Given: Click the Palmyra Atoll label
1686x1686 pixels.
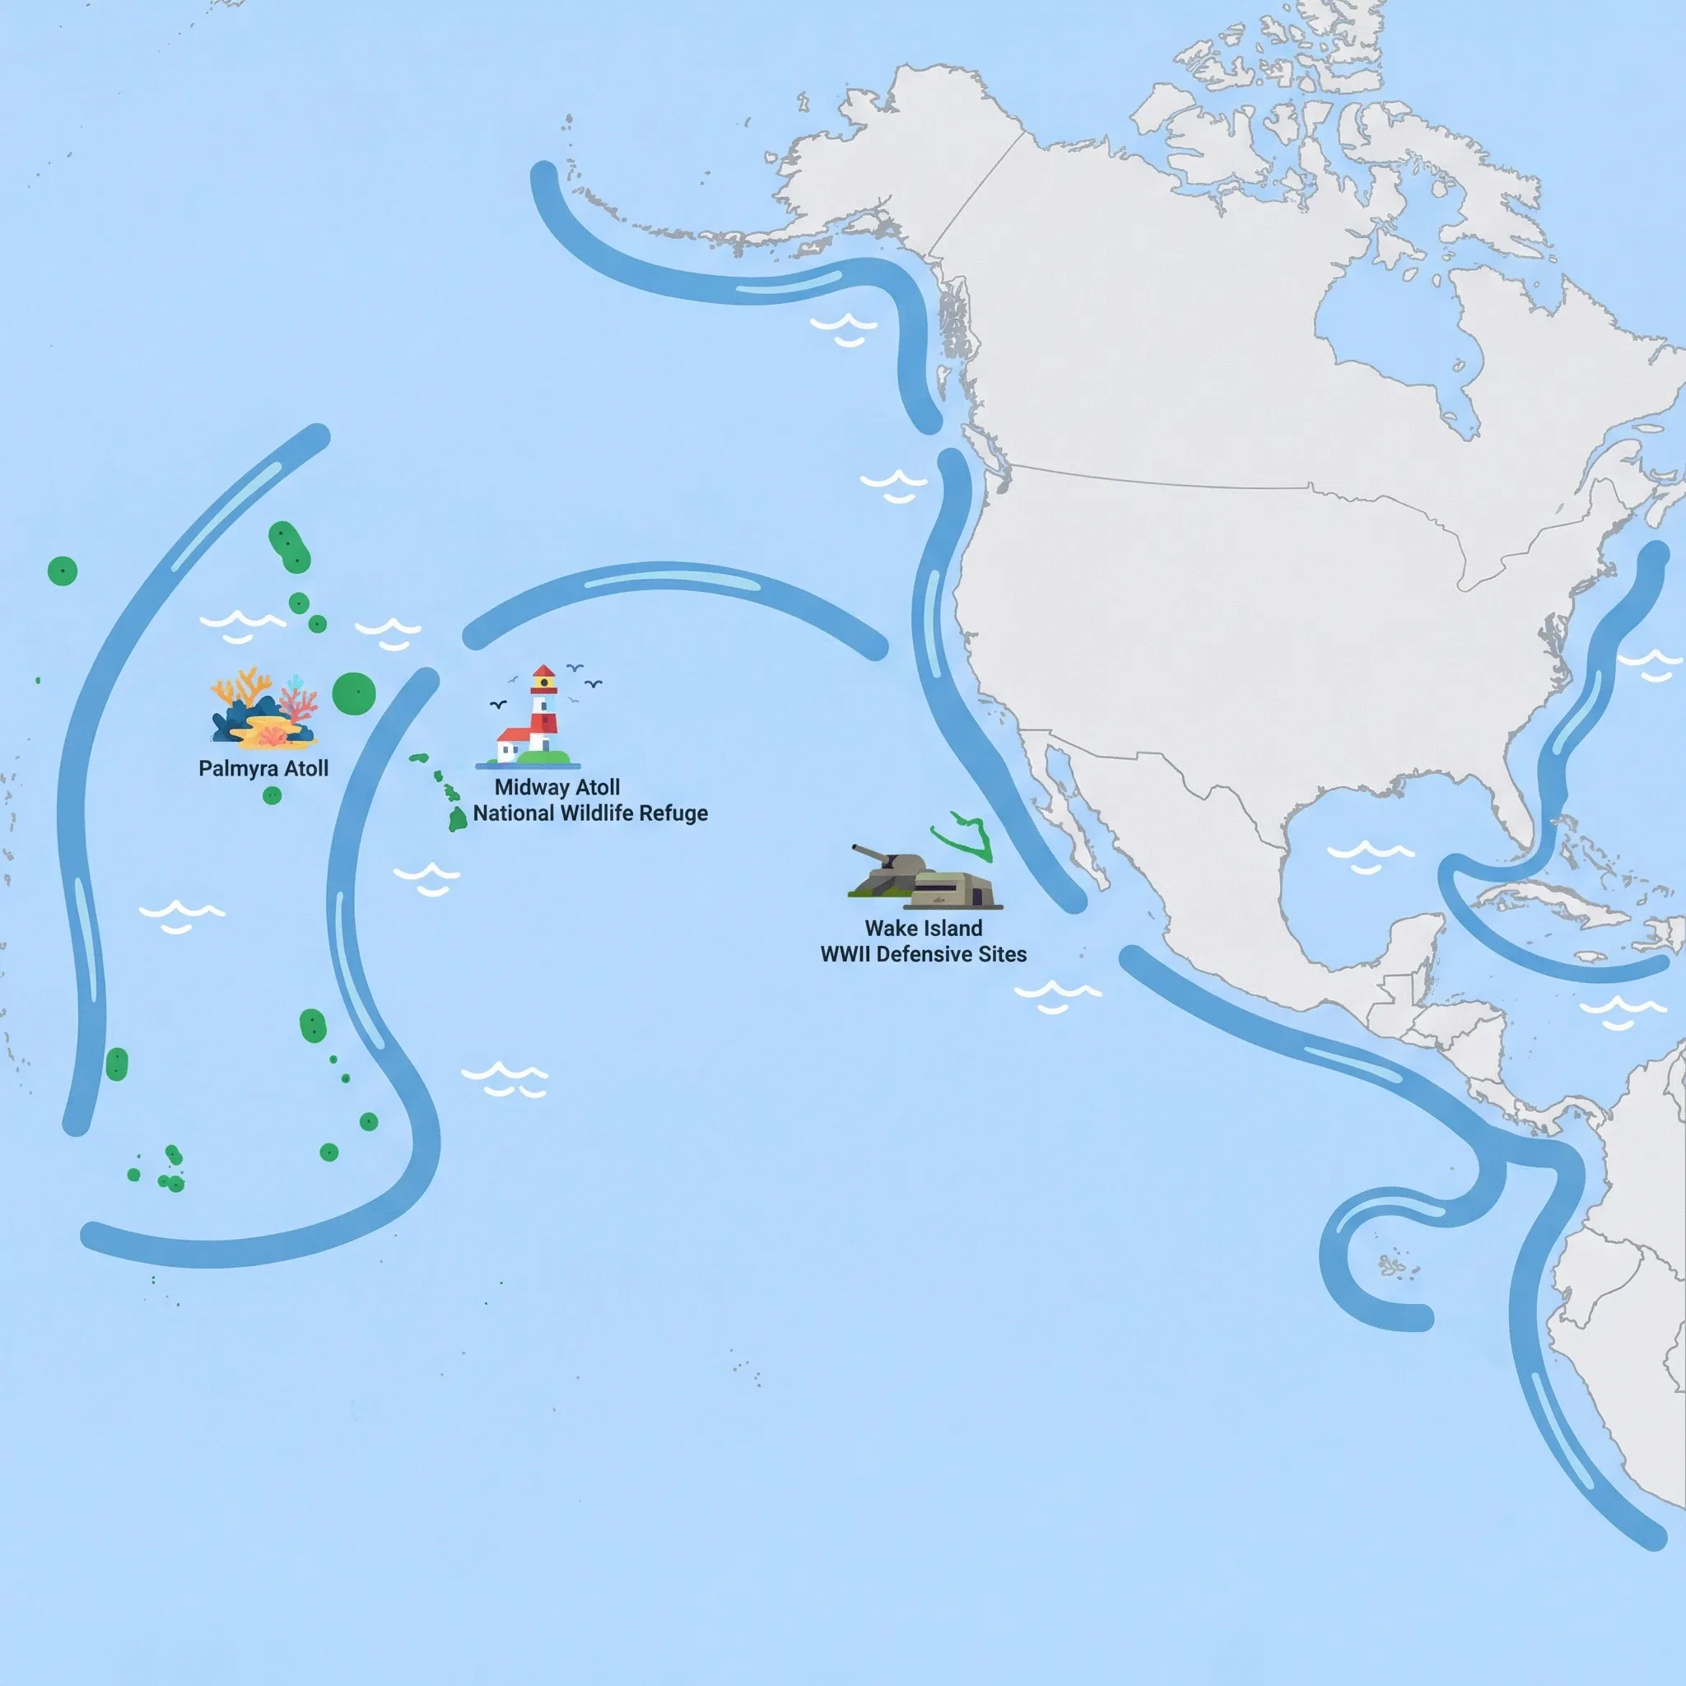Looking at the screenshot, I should tap(263, 769).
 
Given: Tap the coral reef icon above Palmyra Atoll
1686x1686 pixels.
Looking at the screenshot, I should tap(263, 710).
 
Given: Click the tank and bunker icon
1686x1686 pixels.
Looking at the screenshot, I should tap(925, 878).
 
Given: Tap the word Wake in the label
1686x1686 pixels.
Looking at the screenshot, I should tap(889, 929).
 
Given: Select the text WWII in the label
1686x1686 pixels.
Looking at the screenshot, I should tap(845, 955).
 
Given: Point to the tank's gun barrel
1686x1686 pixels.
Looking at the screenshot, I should tap(869, 851).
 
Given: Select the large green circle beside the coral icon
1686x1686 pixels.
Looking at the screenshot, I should tap(353, 694).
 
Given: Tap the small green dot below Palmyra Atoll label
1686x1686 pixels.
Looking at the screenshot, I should tap(272, 795).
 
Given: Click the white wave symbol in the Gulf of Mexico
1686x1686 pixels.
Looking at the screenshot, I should tap(1370, 855).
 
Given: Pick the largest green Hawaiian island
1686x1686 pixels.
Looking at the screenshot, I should tap(457, 818).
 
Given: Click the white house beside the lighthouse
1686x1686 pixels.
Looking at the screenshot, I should tap(514, 746).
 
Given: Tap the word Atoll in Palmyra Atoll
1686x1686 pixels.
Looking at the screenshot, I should tap(306, 769).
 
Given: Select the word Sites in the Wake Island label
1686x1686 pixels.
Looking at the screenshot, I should tap(1003, 955).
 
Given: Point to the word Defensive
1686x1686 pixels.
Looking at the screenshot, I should tap(925, 955).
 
